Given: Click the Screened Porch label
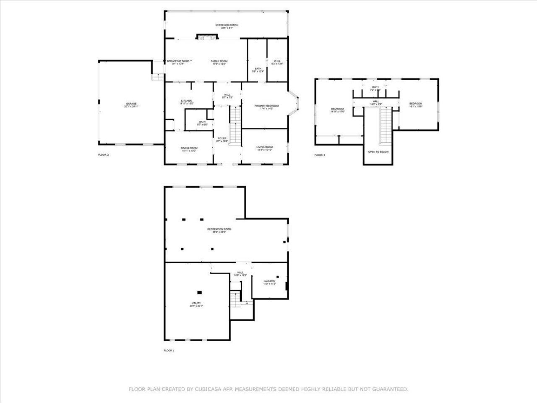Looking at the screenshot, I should pyautogui.click(x=227, y=26).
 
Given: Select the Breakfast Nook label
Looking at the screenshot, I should pyautogui.click(x=178, y=61).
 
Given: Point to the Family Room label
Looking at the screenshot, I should pyautogui.click(x=219, y=61).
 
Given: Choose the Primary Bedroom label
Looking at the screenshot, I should pyautogui.click(x=266, y=106).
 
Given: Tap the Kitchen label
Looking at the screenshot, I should pyautogui.click(x=186, y=101).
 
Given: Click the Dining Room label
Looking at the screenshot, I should pyautogui.click(x=189, y=148).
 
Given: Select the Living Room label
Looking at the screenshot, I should pyautogui.click(x=264, y=147).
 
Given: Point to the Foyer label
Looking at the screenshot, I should pyautogui.click(x=222, y=139).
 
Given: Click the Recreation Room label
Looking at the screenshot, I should pyautogui.click(x=219, y=229).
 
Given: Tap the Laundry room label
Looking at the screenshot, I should pyautogui.click(x=269, y=281).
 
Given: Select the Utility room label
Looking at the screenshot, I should pyautogui.click(x=196, y=303).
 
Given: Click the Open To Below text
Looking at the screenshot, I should pyautogui.click(x=378, y=152).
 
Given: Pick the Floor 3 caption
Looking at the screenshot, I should pyautogui.click(x=320, y=155).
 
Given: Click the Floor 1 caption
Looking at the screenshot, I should pyautogui.click(x=169, y=350).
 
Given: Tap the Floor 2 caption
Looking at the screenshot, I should pyautogui.click(x=103, y=155).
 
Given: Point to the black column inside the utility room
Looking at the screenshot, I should pyautogui.click(x=199, y=292).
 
